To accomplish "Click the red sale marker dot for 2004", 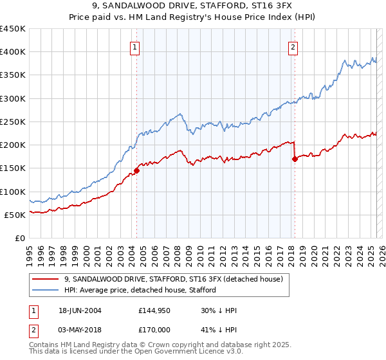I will click(x=136, y=171).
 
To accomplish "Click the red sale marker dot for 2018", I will click(x=294, y=159).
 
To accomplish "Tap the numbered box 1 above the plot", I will click(x=135, y=46).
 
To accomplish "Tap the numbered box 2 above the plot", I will click(x=293, y=46).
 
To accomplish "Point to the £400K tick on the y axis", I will click(x=13, y=52).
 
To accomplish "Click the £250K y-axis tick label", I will click(x=13, y=122).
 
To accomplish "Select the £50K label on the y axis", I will click(x=15, y=215).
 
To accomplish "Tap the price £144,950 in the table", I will click(x=154, y=311).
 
